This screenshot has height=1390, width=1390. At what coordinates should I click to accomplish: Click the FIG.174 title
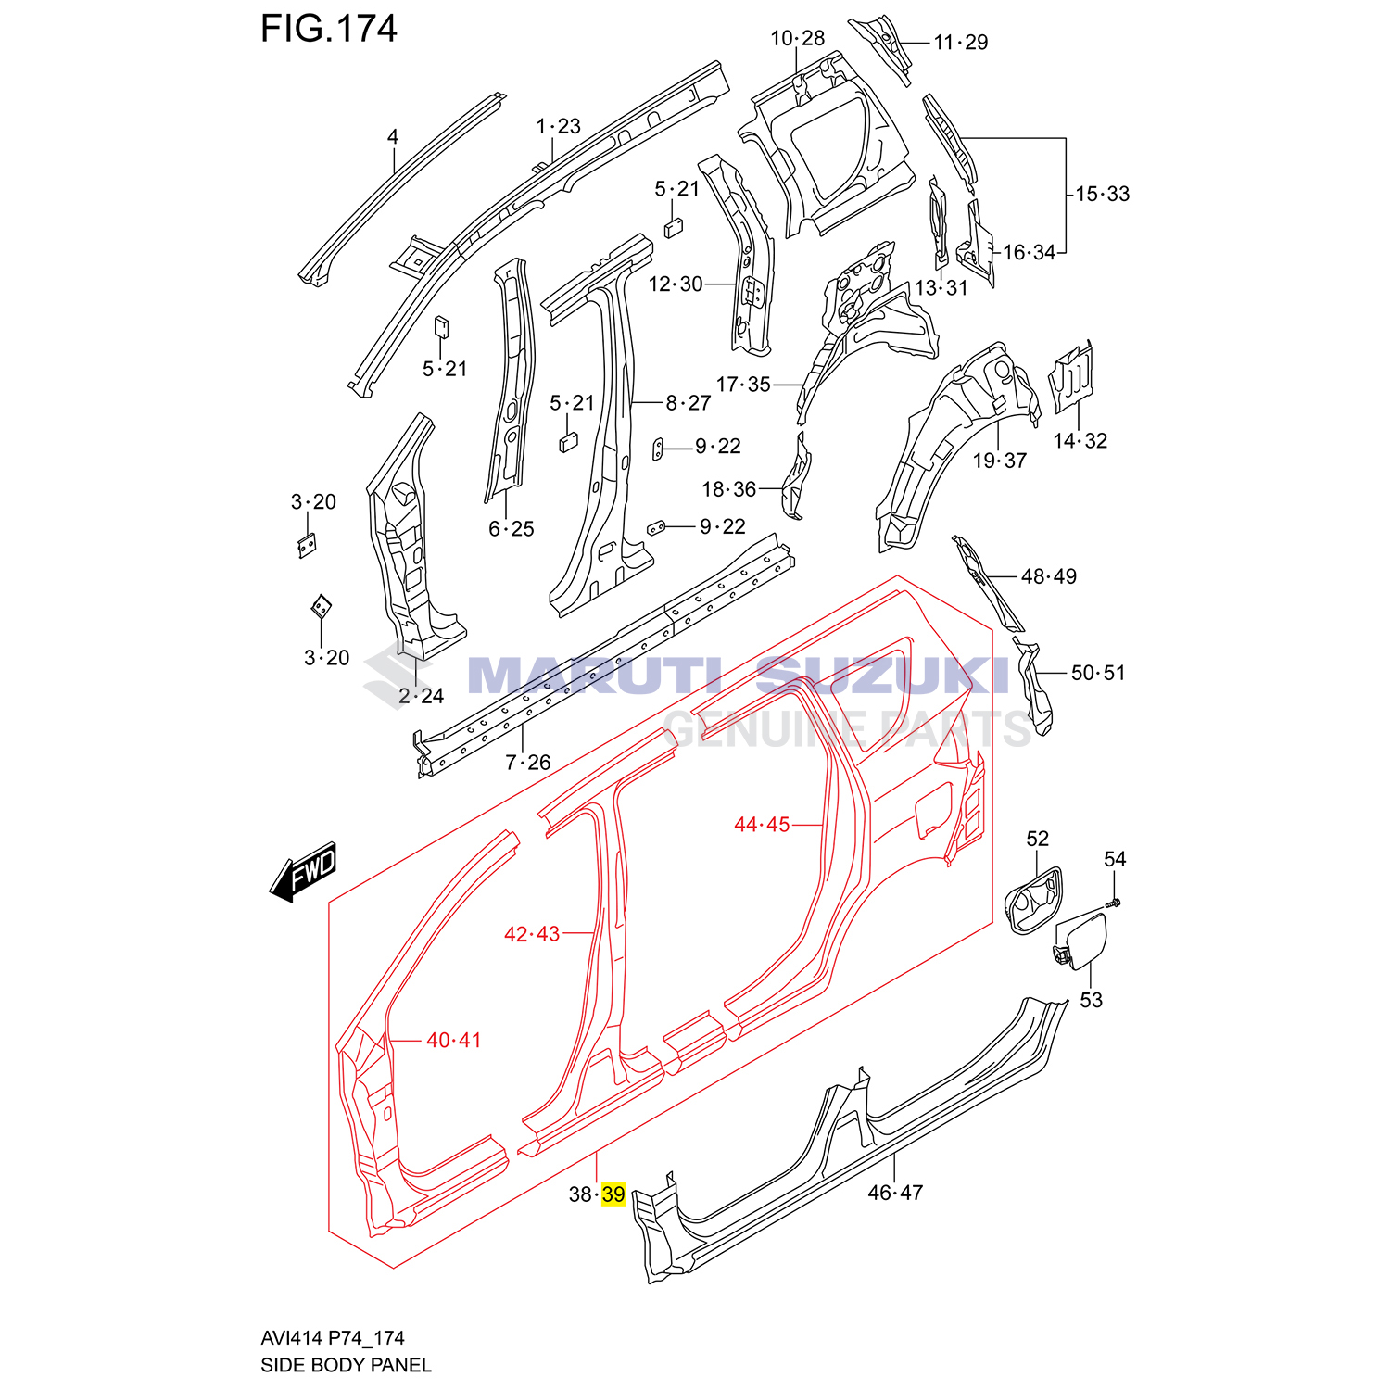pos(328,29)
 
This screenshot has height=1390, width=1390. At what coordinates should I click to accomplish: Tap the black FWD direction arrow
pos(304,872)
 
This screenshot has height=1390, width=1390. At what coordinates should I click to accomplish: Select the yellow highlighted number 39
pos(613,1194)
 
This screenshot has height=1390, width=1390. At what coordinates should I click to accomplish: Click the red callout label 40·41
pos(453,1041)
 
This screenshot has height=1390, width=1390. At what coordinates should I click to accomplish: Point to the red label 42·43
pos(532,934)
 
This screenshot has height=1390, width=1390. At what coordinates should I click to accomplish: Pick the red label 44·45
pos(762,825)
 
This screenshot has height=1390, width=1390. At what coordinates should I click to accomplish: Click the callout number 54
pos(1115,860)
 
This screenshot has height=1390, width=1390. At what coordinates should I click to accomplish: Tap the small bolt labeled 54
pos(1114,902)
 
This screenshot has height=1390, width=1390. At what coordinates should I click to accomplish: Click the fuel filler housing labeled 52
pos(1032,900)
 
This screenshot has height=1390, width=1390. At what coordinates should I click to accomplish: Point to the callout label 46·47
pos(895,1193)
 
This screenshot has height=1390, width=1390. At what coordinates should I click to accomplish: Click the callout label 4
pos(393,137)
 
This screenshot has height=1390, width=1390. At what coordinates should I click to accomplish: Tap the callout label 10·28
pos(797,38)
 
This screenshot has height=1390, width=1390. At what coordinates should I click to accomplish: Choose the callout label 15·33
pos(1102,194)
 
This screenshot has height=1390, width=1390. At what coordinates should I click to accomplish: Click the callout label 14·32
pos(1080,441)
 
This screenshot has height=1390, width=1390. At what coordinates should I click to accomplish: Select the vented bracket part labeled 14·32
pos(1071,375)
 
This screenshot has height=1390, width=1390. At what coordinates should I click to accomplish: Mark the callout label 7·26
pos(527,763)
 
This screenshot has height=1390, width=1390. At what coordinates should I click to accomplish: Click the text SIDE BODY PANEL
pos(346,1365)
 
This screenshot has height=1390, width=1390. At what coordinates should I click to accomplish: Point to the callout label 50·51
pos(1097,673)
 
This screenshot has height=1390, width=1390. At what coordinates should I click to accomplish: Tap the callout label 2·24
pos(421,696)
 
